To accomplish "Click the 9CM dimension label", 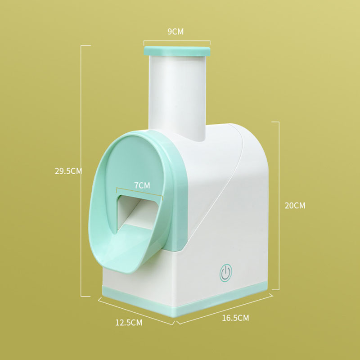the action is (x=175, y=31).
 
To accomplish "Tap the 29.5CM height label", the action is (x=68, y=171).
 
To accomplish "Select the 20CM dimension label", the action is (x=295, y=206).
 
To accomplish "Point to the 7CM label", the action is (x=142, y=185).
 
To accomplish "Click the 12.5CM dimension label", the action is (x=129, y=323).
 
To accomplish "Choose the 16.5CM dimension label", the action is (x=235, y=318).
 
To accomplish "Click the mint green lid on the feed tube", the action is (x=177, y=51).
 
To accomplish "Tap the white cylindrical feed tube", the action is (x=177, y=96).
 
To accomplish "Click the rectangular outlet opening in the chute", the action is (x=137, y=212).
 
